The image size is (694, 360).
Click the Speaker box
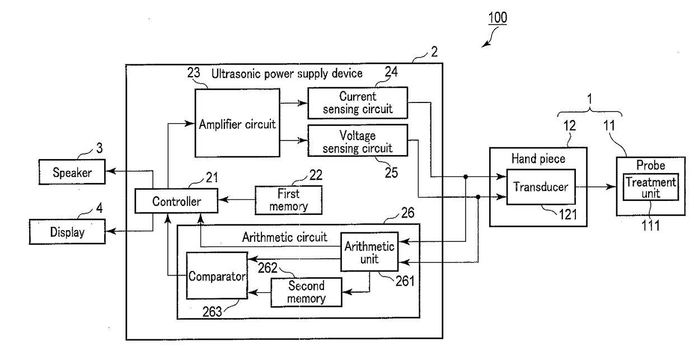pos(72,172)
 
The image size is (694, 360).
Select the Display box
pos(67,232)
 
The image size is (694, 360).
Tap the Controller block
pos(176,201)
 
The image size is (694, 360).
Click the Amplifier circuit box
pos(237,123)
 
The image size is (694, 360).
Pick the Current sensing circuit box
pos(358,103)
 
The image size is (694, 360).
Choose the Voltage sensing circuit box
pos(358,141)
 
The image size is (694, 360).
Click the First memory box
pos(288,200)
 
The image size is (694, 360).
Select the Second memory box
pos(306,292)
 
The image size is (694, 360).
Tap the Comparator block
pos(217,275)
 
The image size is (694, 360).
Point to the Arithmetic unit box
pos(369,252)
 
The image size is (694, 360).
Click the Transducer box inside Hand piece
pos(541,187)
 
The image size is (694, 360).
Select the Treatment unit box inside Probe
pos(650,187)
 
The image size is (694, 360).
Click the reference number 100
pos(498,18)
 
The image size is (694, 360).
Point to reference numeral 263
pos(212,312)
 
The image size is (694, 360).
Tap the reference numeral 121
pos(568,214)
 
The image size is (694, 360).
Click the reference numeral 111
pos(650,226)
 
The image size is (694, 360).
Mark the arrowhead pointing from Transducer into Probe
pos(611,187)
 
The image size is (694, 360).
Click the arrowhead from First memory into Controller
pos(223,199)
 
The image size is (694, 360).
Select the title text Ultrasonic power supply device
pos(287,74)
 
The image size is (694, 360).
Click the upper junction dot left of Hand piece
pos(466,176)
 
